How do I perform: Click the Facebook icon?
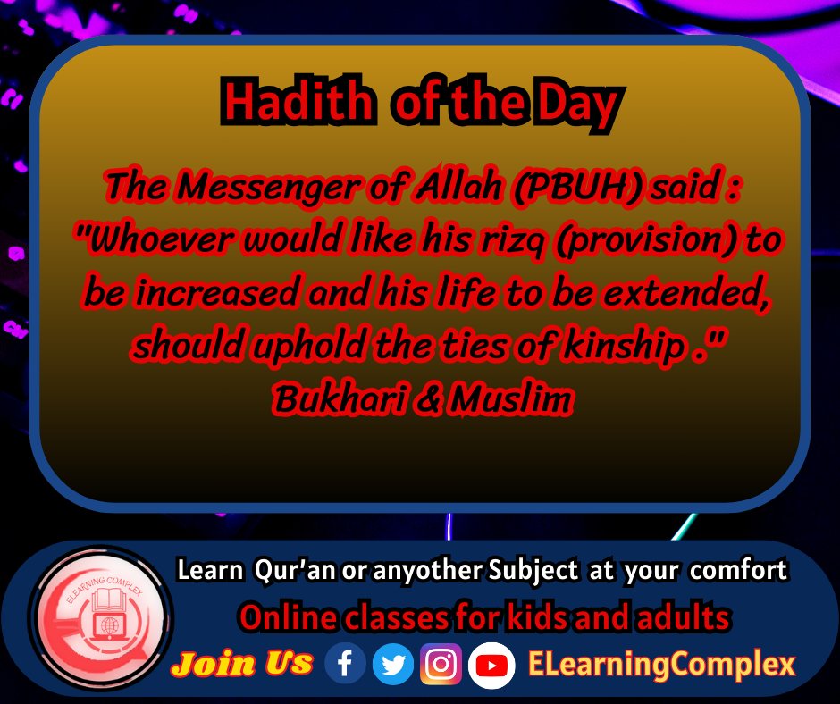pos(345,663)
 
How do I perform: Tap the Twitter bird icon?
pos(393,663)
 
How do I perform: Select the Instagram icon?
pos(441,663)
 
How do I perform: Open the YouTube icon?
pos(491,665)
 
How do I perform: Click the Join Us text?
pos(242,663)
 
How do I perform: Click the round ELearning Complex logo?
pos(100,618)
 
